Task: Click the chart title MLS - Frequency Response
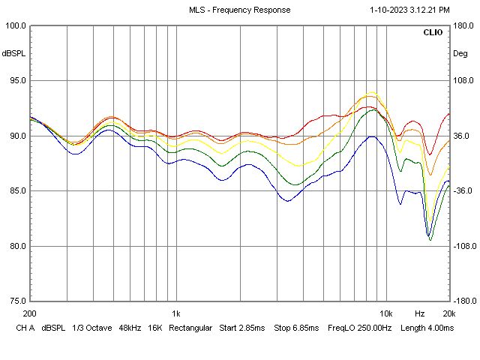pyautogui.click(x=239, y=10)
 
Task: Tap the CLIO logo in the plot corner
pyautogui.click(x=433, y=33)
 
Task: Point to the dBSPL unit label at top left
pyautogui.click(x=13, y=54)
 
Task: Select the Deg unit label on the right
pyautogui.click(x=459, y=54)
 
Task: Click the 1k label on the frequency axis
pyautogui.click(x=175, y=313)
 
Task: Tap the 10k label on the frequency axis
pyautogui.click(x=385, y=313)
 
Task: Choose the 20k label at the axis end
pyautogui.click(x=448, y=313)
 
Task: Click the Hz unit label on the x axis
pyautogui.click(x=420, y=313)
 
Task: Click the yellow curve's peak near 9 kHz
pyautogui.click(x=370, y=92)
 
